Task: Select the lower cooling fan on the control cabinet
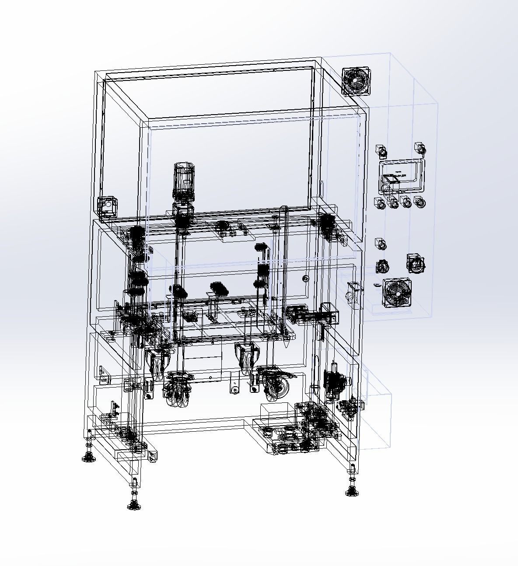click(x=397, y=292)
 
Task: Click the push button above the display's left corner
click(x=381, y=151)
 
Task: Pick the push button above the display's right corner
click(x=420, y=149)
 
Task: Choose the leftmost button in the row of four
click(x=380, y=203)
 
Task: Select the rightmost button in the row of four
click(x=420, y=203)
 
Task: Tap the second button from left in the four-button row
click(x=393, y=203)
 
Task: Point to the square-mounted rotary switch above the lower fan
click(x=415, y=264)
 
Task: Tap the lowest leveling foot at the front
click(x=134, y=505)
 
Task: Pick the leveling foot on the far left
click(x=88, y=457)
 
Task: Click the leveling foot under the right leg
click(x=350, y=492)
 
